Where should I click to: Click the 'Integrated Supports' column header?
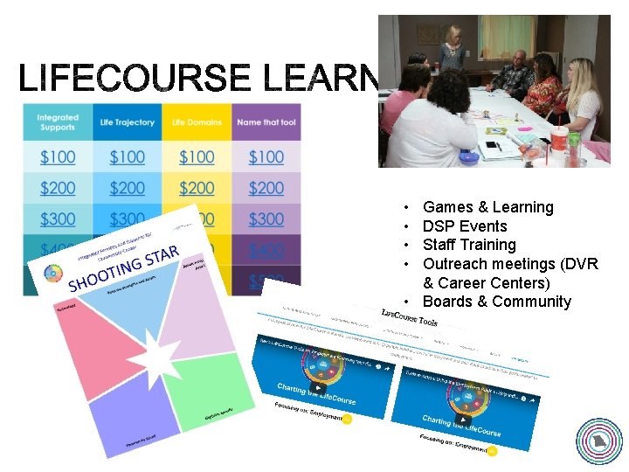tap(58, 122)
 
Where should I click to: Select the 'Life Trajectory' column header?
tap(128, 122)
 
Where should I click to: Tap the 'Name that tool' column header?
tap(266, 122)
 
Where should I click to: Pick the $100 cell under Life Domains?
tap(197, 157)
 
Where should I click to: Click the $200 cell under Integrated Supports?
tap(58, 188)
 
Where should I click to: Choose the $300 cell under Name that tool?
tap(266, 219)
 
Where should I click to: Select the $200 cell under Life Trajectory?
tap(128, 188)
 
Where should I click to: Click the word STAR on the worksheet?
tap(162, 257)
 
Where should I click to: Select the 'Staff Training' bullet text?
tap(469, 245)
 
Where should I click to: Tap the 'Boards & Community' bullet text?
tap(496, 302)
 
